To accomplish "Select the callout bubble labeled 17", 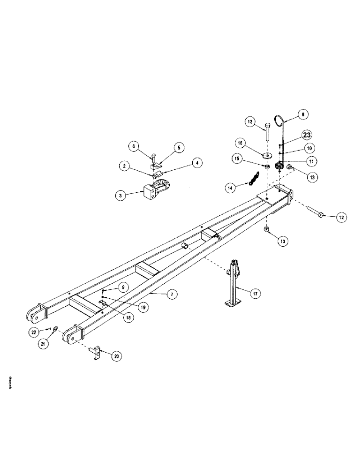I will point(256,294).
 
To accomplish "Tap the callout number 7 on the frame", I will point(172,294).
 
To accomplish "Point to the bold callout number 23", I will point(307,135).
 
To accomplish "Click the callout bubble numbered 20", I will point(115,356).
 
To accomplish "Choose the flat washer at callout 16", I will point(266,156).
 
